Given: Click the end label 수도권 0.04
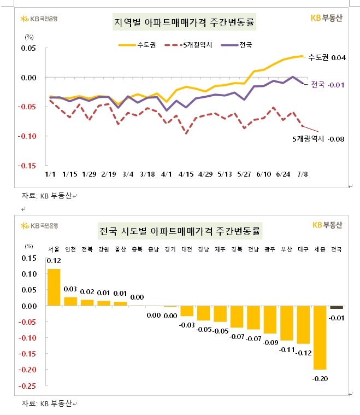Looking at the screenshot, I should pos(327,57).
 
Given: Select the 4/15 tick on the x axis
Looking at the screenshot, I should pos(187,174).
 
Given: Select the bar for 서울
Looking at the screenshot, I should pos(54,287).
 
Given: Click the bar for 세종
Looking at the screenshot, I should pos(320,337).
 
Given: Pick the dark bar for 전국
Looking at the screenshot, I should pos(337,307).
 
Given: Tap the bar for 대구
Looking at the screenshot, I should pos(304,325).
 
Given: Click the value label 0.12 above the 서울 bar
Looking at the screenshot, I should pos(54,261).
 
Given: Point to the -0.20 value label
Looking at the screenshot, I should pos(320,377).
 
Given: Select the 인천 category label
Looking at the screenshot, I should pos(70,249).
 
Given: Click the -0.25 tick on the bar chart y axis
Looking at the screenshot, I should pos(29,386).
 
